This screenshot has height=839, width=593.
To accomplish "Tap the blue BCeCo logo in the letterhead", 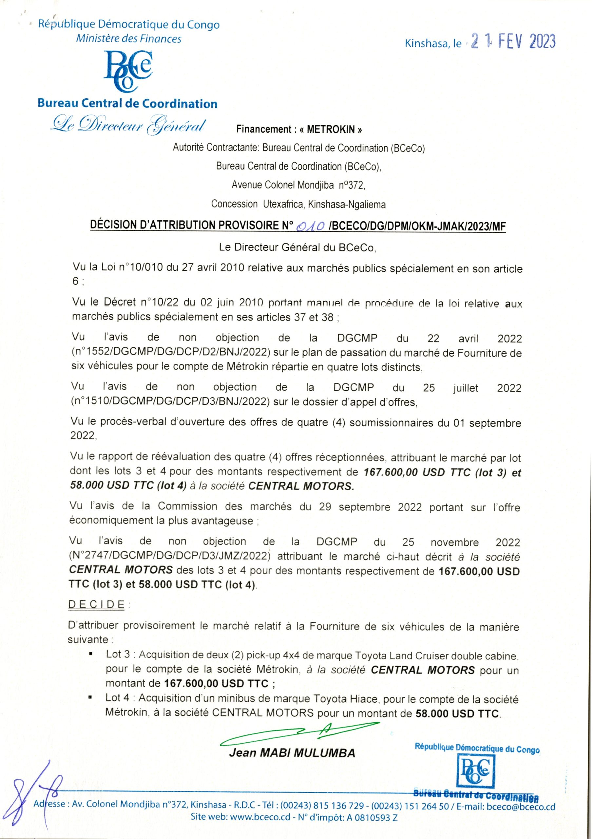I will click(128, 71).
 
